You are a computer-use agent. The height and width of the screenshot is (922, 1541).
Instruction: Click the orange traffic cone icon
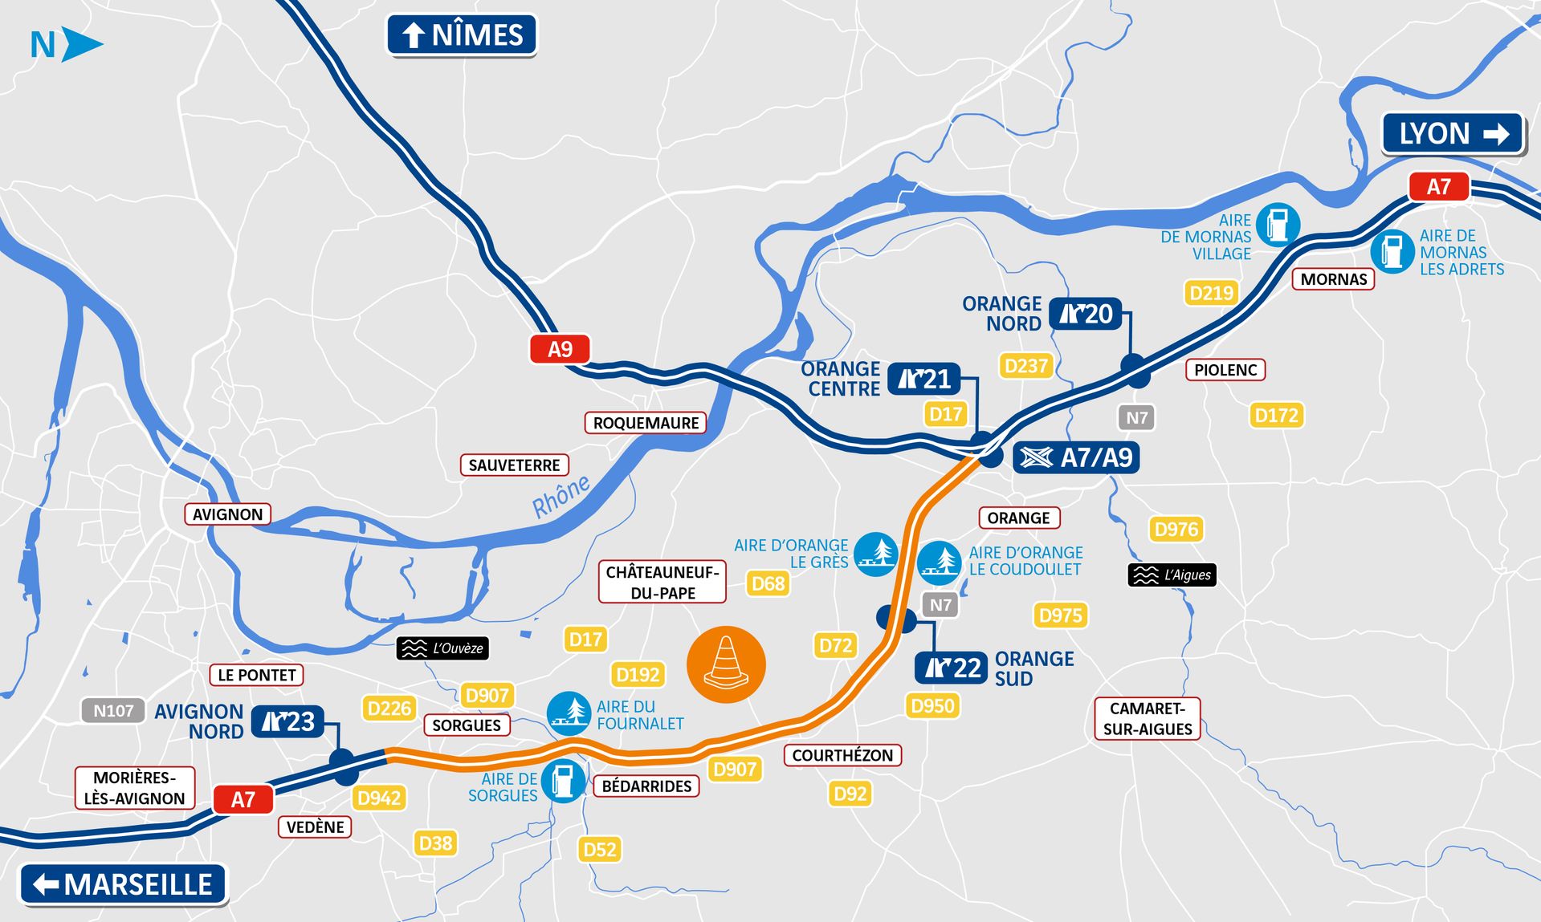point(726,664)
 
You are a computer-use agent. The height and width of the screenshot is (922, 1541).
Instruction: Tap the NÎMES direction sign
point(462,35)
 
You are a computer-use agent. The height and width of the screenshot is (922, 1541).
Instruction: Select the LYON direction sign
point(1453,133)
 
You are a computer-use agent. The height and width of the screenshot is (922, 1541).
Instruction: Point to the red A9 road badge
point(560,349)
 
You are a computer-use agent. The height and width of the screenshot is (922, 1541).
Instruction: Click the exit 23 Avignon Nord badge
point(287,721)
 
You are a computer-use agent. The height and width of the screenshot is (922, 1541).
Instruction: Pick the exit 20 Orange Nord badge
point(1086,314)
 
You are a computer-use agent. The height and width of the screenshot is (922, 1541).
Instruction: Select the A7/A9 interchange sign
point(1076,457)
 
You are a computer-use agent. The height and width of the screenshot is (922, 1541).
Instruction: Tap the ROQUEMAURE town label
point(646,423)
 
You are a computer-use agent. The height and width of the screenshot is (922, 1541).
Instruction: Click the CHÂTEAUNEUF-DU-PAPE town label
point(662,582)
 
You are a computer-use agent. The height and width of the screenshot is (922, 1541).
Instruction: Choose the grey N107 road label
point(113,710)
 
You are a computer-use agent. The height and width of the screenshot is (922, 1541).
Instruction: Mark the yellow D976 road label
point(1176,530)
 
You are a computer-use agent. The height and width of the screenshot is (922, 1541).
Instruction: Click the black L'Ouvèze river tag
point(442,648)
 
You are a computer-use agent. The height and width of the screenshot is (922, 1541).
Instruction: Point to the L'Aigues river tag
point(1172,575)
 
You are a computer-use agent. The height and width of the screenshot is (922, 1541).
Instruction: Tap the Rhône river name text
point(561,496)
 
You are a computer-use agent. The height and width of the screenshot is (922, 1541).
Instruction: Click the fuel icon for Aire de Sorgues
point(564,779)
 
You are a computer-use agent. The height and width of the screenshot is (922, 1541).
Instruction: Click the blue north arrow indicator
point(80,44)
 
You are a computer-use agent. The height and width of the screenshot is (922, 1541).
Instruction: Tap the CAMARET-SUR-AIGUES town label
point(1147,718)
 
